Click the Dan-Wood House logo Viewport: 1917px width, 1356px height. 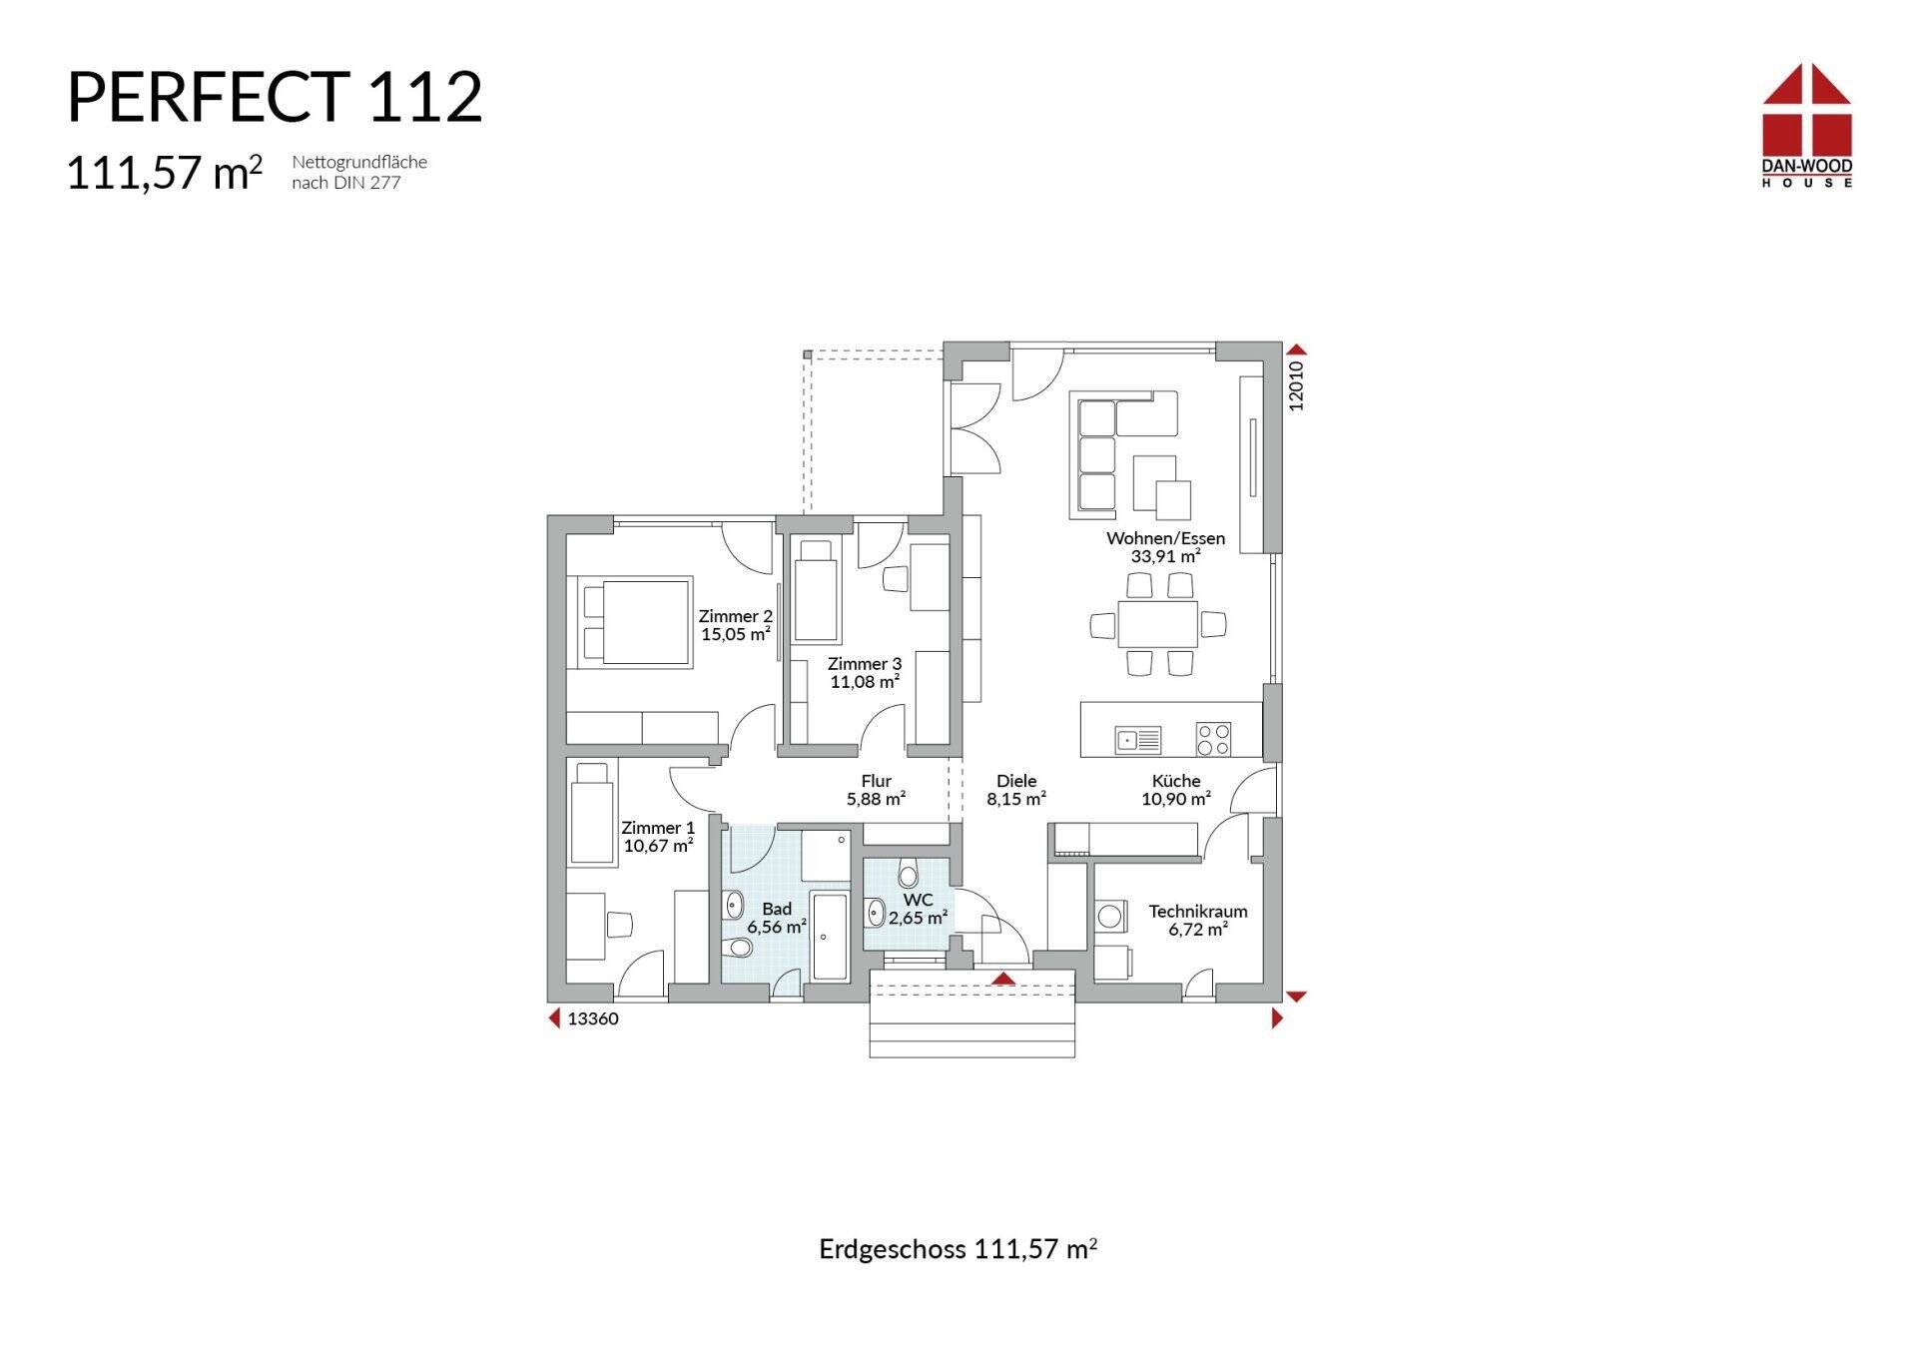(1807, 125)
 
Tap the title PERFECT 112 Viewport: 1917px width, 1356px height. (275, 98)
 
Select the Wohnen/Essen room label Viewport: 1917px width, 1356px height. (1165, 538)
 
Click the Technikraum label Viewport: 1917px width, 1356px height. (1198, 911)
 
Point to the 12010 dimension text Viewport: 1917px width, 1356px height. (1296, 385)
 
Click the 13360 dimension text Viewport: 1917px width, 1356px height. (593, 1018)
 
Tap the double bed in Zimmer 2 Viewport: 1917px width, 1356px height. (629, 620)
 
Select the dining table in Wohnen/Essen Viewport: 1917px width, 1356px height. (1158, 624)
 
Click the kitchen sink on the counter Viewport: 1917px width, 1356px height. (1138, 740)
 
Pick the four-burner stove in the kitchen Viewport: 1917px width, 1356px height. (1213, 739)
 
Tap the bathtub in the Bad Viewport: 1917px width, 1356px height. (830, 937)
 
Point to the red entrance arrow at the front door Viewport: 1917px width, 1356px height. (1003, 979)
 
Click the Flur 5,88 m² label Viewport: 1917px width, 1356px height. (876, 790)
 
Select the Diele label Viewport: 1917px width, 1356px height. (1016, 781)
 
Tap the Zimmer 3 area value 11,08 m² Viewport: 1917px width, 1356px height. (865, 682)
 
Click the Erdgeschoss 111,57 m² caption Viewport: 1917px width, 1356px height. (958, 1248)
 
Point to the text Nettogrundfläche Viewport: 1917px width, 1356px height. (359, 162)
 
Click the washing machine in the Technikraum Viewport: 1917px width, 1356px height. (1109, 915)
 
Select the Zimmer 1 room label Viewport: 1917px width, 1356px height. (657, 828)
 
